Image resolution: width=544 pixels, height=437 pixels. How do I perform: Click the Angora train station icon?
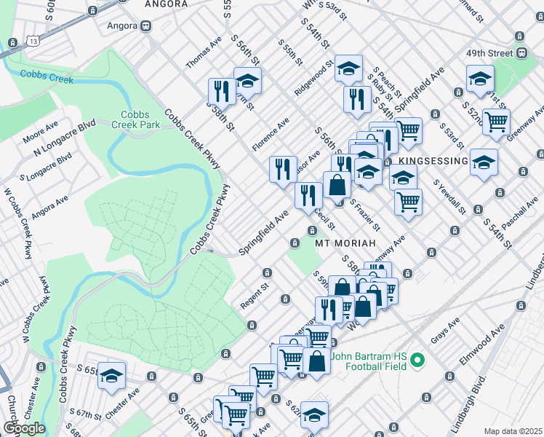pyautogui.click(x=145, y=25)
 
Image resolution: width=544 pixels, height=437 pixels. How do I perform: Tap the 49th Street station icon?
pyautogui.click(x=521, y=53)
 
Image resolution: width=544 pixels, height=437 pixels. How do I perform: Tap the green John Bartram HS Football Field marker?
pyautogui.click(x=417, y=361)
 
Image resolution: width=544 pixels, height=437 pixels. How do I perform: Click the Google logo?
pyautogui.click(x=24, y=428)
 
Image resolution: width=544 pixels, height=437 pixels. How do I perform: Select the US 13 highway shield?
pyautogui.click(x=14, y=43)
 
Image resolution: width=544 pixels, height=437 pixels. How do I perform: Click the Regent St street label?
pyautogui.click(x=255, y=301)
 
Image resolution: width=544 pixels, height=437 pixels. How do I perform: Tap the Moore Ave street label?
pyautogui.click(x=40, y=132)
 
